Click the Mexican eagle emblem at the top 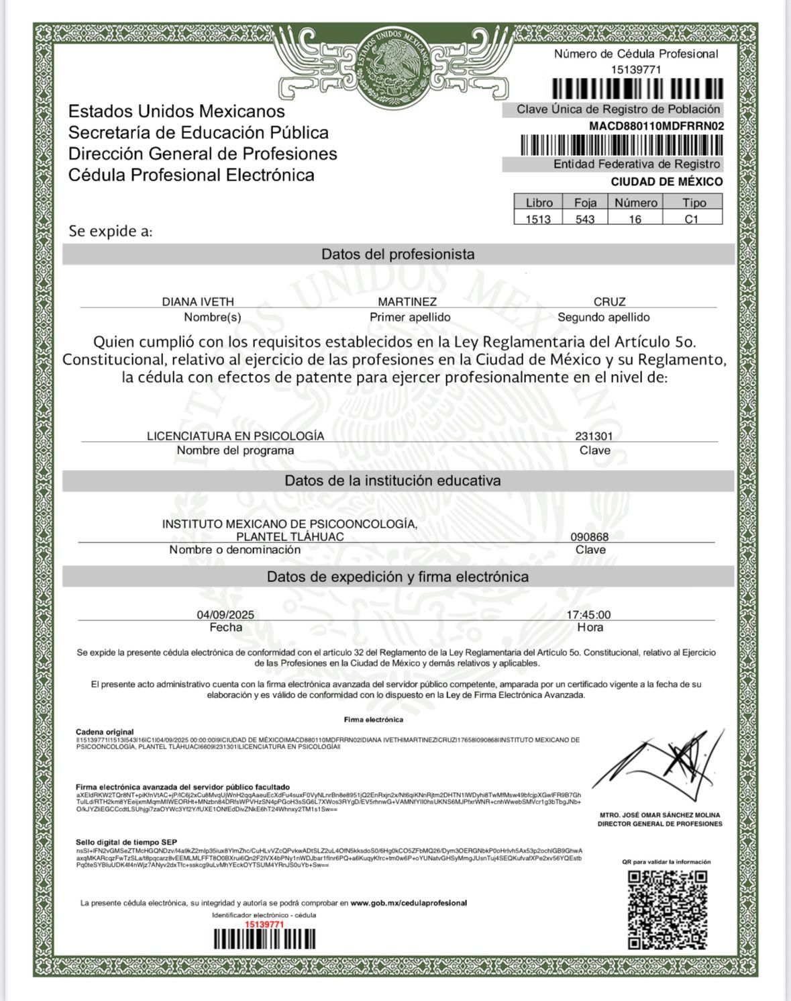tap(393, 64)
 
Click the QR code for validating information tap(668, 910)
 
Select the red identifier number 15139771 tap(264, 924)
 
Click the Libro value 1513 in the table tap(538, 219)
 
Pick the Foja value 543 tap(585, 219)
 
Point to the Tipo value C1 tap(692, 219)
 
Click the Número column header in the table tap(635, 203)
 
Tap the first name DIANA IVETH tap(198, 302)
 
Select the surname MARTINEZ tap(407, 302)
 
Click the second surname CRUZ tap(609, 302)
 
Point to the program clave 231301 tap(594, 436)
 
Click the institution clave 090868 tap(590, 537)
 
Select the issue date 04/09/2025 tap(225, 615)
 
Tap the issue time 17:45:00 tap(588, 615)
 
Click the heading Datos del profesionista tap(398, 254)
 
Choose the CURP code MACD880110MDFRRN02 tap(656, 126)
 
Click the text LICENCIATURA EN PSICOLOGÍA tap(235, 436)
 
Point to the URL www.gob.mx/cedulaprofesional tap(409, 903)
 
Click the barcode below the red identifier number tap(264, 939)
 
